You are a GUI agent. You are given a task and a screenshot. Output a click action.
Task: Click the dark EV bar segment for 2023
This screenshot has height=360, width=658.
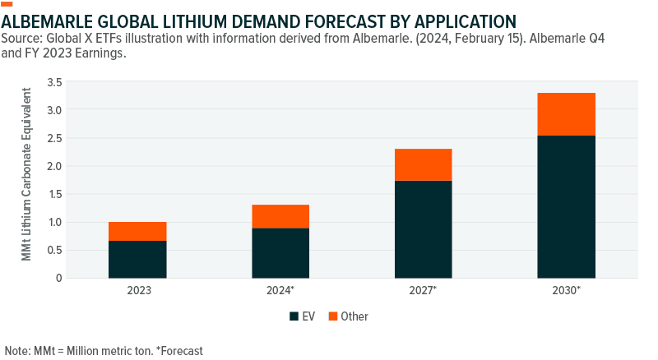pyautogui.click(x=137, y=259)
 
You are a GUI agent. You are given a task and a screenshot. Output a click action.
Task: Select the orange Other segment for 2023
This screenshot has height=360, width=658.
pyautogui.click(x=137, y=231)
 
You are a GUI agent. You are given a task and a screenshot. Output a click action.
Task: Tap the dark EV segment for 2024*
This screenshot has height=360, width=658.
pyautogui.click(x=280, y=252)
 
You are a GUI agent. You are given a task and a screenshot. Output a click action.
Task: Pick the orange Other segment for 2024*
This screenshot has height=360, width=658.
pyautogui.click(x=280, y=216)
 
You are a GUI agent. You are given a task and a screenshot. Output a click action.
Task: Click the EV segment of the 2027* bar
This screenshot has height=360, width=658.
pyautogui.click(x=423, y=228)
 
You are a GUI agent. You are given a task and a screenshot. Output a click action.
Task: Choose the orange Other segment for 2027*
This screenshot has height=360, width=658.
pyautogui.click(x=423, y=164)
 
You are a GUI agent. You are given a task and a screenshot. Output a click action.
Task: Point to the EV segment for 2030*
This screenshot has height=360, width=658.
pyautogui.click(x=566, y=206)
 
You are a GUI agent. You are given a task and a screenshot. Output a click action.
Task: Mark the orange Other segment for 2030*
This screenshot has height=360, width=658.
pyautogui.click(x=566, y=114)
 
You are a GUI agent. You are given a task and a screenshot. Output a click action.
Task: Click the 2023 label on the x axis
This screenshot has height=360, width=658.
pyautogui.click(x=137, y=291)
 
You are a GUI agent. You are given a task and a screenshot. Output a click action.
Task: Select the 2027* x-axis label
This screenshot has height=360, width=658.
pyautogui.click(x=424, y=291)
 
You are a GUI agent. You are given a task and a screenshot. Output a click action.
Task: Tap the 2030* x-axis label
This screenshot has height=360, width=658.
pyautogui.click(x=567, y=291)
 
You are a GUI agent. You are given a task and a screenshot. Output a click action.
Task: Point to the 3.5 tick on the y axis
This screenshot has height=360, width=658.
pyautogui.click(x=77, y=82)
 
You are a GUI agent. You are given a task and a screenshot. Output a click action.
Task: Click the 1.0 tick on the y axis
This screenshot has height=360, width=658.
pyautogui.click(x=77, y=222)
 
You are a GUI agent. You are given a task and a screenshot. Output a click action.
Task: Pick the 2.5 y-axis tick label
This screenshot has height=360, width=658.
pyautogui.click(x=77, y=138)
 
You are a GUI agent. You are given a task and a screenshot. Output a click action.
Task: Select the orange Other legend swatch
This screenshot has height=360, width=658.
pyautogui.click(x=332, y=316)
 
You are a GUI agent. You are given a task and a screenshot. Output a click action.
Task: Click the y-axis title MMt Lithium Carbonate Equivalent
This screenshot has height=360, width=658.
pyautogui.click(x=27, y=179)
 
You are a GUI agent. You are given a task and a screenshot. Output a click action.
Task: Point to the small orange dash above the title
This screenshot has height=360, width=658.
pyautogui.click(x=8, y=3)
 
